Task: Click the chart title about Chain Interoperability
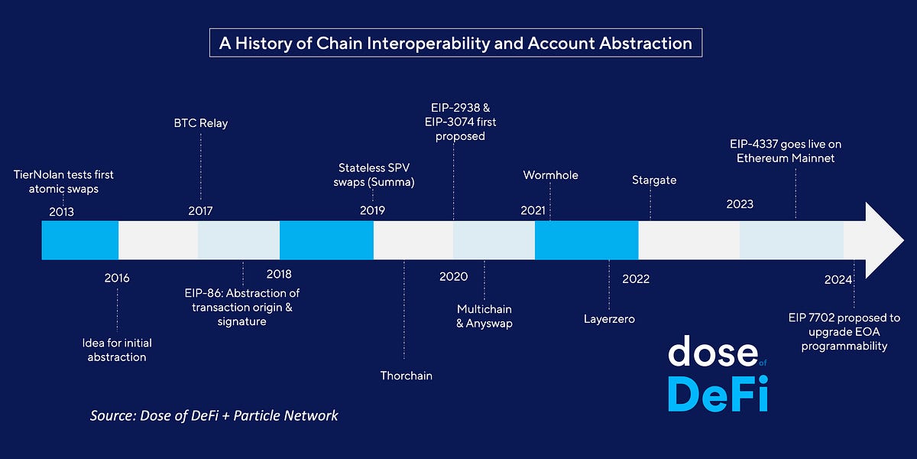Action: pyautogui.click(x=455, y=43)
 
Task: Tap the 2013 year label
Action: pyautogui.click(x=61, y=211)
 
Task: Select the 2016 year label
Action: pyautogui.click(x=117, y=278)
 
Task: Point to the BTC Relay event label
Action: pyautogui.click(x=200, y=122)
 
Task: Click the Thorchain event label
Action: pyautogui.click(x=407, y=376)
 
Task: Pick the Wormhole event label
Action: pyautogui.click(x=550, y=175)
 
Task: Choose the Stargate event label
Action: pyautogui.click(x=654, y=181)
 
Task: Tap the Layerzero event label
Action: pyautogui.click(x=609, y=318)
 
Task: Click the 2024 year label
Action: pyautogui.click(x=838, y=279)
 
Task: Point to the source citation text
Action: pyautogui.click(x=214, y=415)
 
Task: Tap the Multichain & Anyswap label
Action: pyautogui.click(x=484, y=316)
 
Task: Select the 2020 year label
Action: pyautogui.click(x=453, y=276)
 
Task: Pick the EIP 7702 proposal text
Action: pyautogui.click(x=844, y=331)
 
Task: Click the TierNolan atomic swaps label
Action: pyautogui.click(x=63, y=181)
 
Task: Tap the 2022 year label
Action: pyautogui.click(x=636, y=278)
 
